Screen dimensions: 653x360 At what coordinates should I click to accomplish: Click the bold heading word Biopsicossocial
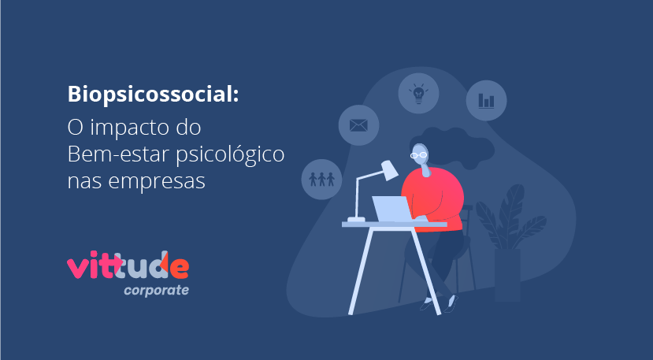pyautogui.click(x=153, y=95)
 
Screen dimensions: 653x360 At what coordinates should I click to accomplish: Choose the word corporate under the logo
pyautogui.click(x=156, y=290)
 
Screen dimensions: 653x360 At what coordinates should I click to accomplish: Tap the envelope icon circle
pyautogui.click(x=358, y=125)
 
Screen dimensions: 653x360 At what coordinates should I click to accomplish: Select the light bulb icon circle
pyautogui.click(x=418, y=93)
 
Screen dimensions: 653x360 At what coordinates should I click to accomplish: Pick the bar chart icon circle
pyautogui.click(x=486, y=100)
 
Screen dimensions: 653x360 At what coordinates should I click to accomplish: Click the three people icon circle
pyautogui.click(x=321, y=179)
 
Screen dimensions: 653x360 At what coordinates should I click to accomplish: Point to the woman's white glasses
pyautogui.click(x=418, y=155)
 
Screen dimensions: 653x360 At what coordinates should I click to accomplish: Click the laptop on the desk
pyautogui.click(x=392, y=209)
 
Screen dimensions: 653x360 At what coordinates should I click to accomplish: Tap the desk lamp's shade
pyautogui.click(x=389, y=170)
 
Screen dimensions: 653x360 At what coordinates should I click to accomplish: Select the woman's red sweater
pyautogui.click(x=434, y=199)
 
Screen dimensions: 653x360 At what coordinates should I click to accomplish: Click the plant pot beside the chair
pyautogui.click(x=507, y=275)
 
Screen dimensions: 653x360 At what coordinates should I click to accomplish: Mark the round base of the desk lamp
pyautogui.click(x=357, y=219)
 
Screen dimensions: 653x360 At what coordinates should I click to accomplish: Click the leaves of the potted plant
pyautogui.click(x=510, y=217)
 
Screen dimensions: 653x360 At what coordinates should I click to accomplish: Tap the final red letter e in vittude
pyautogui.click(x=179, y=269)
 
